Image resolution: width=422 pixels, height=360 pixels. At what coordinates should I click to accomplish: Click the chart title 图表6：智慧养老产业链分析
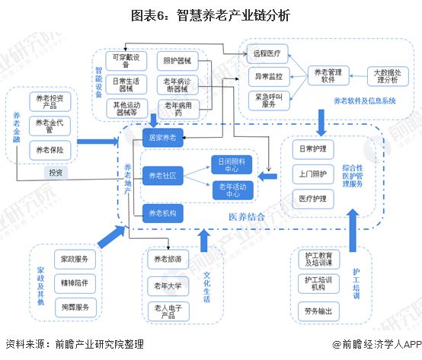[x=210, y=14]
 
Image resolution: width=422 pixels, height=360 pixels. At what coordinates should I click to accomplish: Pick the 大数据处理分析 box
[x=391, y=76]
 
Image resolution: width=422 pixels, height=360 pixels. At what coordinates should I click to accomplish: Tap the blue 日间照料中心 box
[x=233, y=164]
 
